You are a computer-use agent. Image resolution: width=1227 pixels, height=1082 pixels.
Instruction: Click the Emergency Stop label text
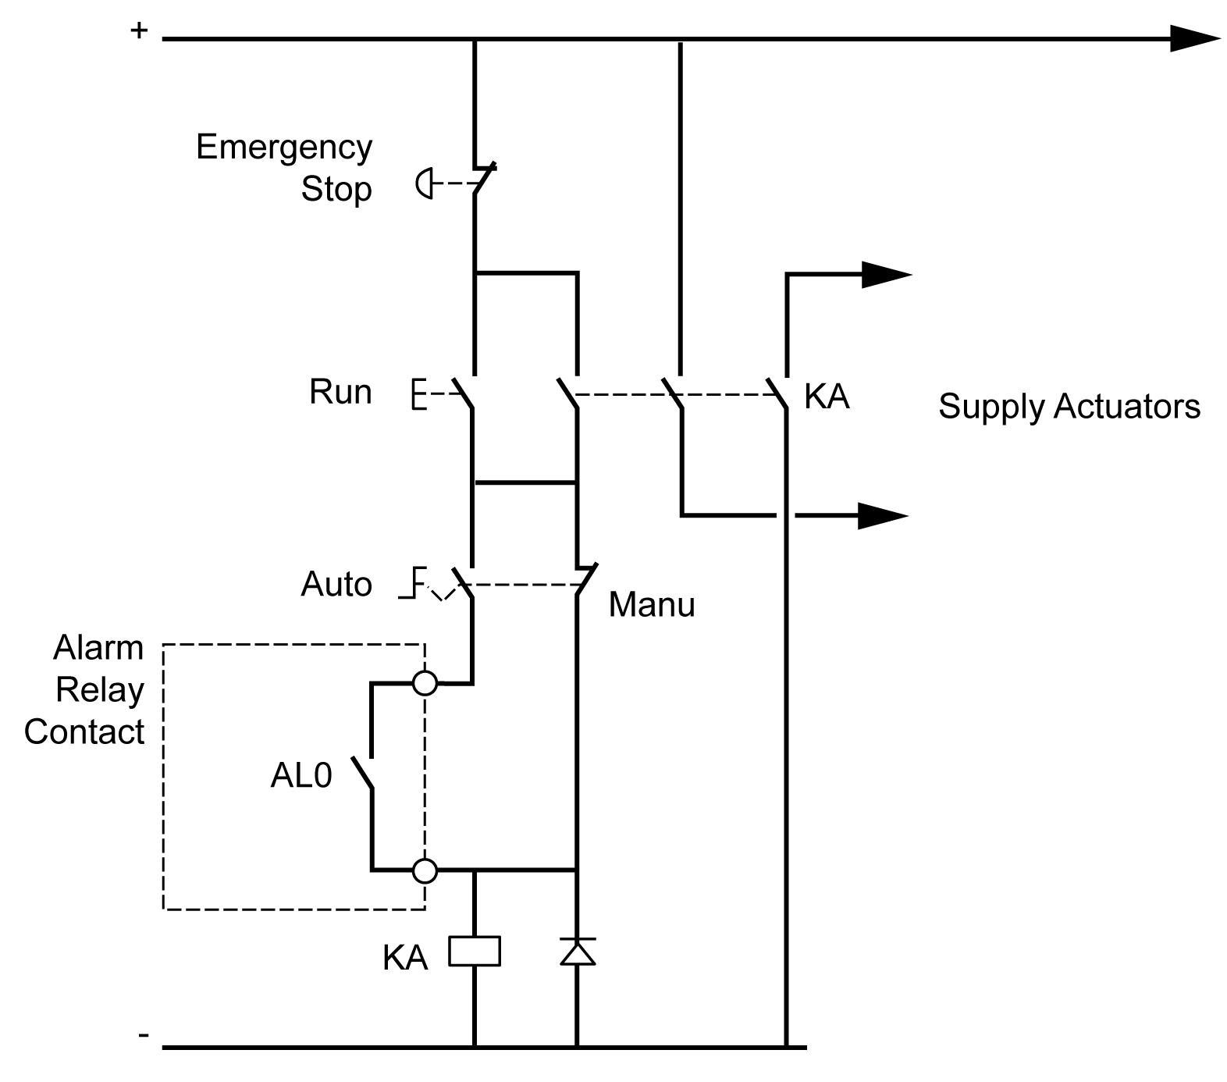(x=284, y=167)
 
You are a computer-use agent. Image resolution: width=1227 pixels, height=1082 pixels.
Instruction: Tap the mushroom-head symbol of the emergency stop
(x=424, y=184)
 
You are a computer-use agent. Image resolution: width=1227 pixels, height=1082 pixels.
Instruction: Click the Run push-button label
(x=340, y=391)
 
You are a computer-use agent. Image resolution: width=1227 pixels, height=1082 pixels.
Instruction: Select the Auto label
(x=336, y=584)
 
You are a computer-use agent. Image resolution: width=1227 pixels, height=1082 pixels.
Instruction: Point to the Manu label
(x=651, y=604)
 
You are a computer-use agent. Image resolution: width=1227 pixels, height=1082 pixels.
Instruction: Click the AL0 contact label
(x=301, y=775)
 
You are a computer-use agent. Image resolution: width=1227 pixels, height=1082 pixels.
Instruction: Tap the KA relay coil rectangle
(x=474, y=952)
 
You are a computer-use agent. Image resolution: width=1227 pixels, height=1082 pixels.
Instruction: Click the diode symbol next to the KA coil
(x=578, y=951)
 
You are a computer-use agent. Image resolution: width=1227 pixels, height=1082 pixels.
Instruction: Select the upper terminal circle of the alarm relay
(x=425, y=683)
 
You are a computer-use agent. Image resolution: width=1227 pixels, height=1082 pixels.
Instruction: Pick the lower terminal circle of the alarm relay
(x=425, y=870)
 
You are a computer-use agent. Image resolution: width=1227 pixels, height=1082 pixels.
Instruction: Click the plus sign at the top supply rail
(x=138, y=31)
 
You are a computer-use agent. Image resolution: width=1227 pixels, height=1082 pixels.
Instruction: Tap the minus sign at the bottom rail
(x=143, y=1035)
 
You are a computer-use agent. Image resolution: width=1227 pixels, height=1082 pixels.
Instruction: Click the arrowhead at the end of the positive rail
(x=1194, y=38)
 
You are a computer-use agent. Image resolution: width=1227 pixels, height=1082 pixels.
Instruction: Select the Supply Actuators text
(x=1069, y=407)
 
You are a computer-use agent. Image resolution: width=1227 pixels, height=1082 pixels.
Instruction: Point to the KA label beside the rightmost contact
(x=827, y=397)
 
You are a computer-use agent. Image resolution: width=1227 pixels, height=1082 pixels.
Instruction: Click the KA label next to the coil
(x=405, y=957)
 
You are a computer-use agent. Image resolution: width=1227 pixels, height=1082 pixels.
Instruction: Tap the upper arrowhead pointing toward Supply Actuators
(x=886, y=275)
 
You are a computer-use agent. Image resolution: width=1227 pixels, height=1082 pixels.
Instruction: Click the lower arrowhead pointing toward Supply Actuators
(x=883, y=515)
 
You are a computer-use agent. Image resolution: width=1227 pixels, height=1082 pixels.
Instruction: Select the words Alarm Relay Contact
(x=86, y=689)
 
